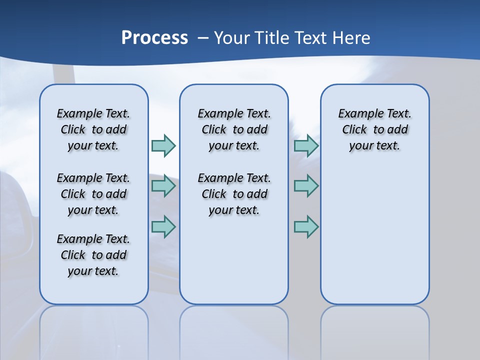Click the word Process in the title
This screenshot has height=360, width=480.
154,37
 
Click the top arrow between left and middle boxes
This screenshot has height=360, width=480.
163,145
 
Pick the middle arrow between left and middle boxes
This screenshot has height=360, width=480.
163,186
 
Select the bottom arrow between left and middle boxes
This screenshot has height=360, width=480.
163,226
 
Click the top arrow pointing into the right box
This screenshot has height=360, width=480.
306,145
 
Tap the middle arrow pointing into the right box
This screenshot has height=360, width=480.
306,186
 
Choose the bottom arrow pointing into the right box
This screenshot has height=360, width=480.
306,226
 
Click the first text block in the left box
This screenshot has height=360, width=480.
93,129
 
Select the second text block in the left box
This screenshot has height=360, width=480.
93,194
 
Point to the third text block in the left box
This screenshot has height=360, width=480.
93,255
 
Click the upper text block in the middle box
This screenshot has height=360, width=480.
234,129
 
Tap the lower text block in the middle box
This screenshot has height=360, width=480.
234,194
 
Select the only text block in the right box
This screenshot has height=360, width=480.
374,129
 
